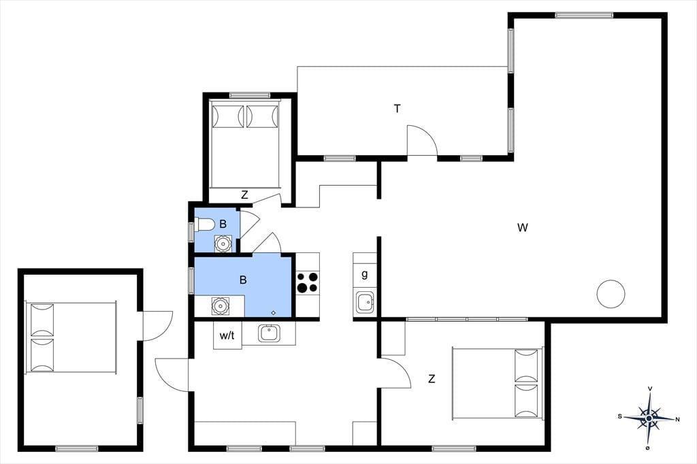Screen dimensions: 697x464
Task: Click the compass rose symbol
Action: (649, 418)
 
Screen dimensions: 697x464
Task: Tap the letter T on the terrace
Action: (397, 108)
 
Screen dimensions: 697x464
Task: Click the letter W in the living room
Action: (523, 227)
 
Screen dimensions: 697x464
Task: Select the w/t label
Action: (227, 335)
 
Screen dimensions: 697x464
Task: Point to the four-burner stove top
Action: (308, 282)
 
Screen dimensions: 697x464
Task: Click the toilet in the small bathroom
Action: (204, 225)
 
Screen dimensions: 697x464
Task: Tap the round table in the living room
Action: (611, 294)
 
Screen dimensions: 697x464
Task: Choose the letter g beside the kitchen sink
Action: (365, 274)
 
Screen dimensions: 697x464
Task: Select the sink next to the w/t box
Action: (268, 333)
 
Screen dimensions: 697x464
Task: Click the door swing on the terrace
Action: (423, 140)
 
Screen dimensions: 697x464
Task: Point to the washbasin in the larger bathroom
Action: (221, 305)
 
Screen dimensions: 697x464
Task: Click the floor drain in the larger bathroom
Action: (274, 313)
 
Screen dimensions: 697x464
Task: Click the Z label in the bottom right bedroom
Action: (431, 379)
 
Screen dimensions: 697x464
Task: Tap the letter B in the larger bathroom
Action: (243, 280)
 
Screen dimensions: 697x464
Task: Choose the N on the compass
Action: (677, 419)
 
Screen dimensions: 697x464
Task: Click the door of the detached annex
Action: (157, 325)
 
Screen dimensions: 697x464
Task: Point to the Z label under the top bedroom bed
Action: (244, 195)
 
